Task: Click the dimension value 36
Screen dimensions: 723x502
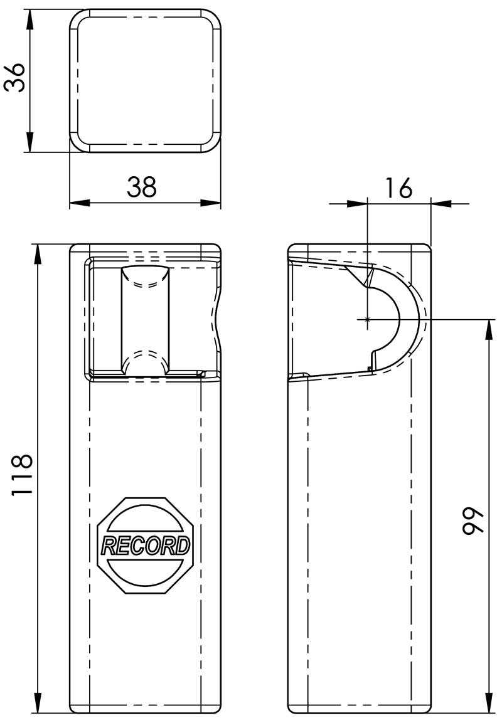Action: click(15, 78)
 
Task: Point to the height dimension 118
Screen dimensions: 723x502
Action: click(21, 475)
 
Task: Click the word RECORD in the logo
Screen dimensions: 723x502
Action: click(146, 546)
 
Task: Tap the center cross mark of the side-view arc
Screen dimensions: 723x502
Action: click(367, 320)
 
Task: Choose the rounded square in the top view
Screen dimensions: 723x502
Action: click(145, 81)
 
